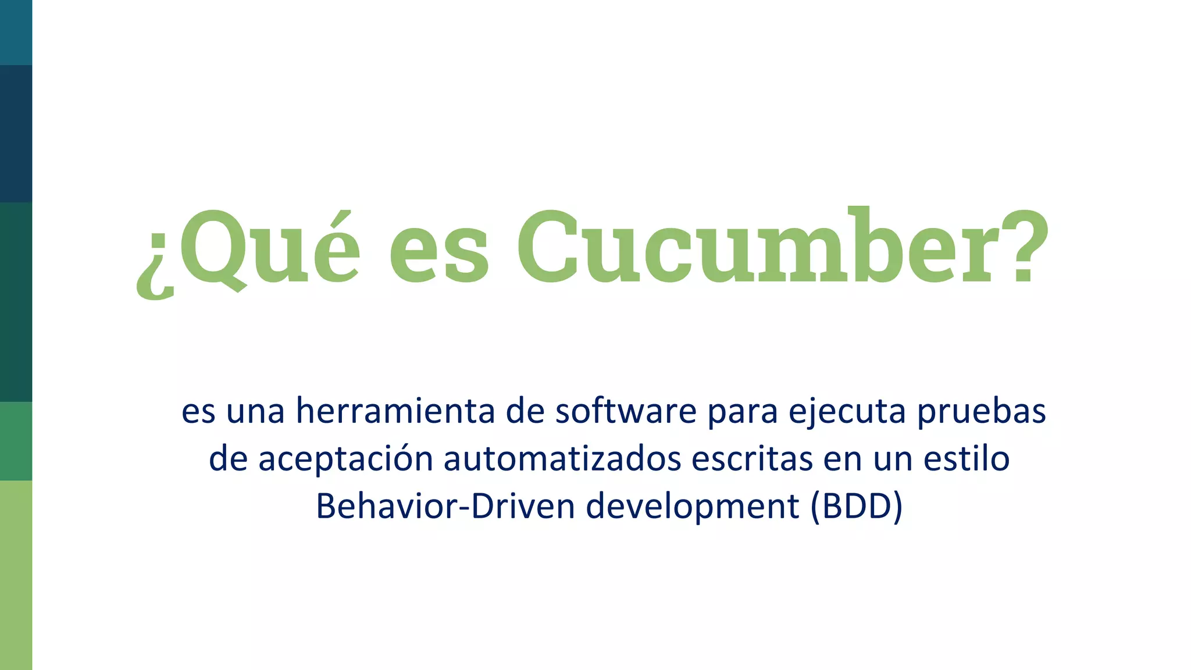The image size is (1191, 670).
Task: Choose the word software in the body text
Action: (626, 411)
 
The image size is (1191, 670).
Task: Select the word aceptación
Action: (345, 459)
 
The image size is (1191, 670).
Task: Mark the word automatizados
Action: (562, 458)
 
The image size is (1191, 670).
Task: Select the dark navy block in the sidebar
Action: (16, 134)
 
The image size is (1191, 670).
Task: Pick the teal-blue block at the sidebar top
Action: (16, 32)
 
